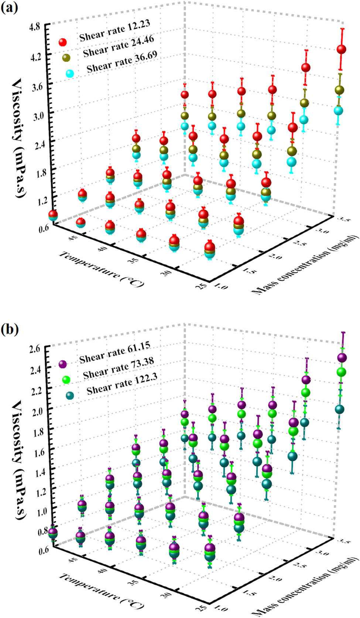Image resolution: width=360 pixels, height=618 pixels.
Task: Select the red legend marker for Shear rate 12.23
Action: coord(63,42)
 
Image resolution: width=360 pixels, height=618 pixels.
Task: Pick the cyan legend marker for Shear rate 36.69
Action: coord(70,73)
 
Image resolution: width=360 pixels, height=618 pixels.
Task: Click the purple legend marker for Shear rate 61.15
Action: coord(63,364)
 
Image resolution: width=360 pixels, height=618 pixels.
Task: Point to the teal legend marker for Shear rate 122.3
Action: coord(70,395)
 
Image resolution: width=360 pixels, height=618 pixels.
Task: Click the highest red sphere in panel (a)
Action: coord(341,49)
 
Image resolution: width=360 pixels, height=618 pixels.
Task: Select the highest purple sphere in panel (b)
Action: coord(342,357)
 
